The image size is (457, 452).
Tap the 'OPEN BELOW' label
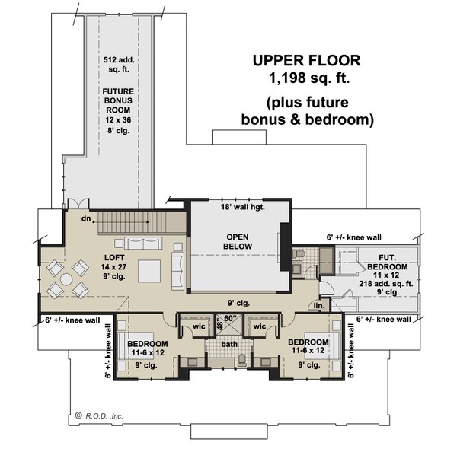pos(238,241)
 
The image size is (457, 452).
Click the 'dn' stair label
pos(88,219)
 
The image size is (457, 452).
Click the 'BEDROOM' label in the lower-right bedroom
pos(308,342)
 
